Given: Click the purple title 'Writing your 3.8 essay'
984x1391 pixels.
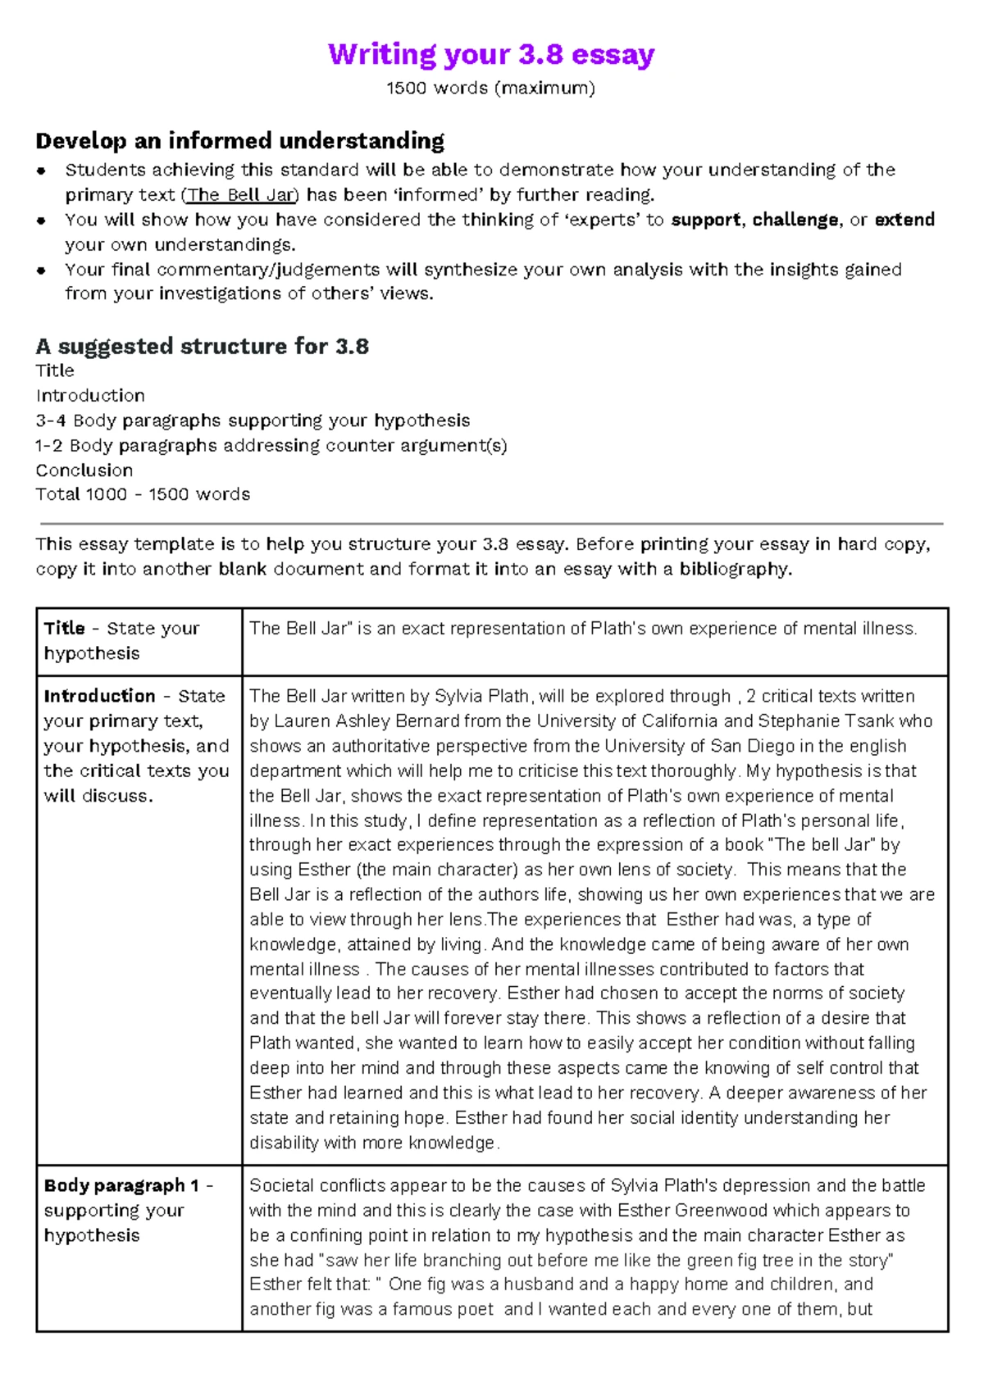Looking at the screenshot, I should click(491, 54).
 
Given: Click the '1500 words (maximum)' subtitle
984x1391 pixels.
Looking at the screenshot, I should click(490, 88).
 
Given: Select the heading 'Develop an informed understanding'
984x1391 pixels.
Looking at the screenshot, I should click(239, 141).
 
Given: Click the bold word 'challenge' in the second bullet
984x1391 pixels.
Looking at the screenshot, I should click(795, 220).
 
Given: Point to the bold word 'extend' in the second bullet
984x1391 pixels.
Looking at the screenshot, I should click(904, 220).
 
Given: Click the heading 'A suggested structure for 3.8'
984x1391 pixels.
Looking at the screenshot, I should click(202, 346).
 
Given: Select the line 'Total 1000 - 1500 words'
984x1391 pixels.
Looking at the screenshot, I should click(143, 494).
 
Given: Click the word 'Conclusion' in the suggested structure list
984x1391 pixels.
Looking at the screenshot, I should click(84, 470).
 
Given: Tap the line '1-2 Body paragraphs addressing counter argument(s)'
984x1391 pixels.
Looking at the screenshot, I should click(271, 446).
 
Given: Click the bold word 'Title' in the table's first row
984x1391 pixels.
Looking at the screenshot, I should click(64, 629).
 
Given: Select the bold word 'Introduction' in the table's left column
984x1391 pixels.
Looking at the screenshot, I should click(99, 696).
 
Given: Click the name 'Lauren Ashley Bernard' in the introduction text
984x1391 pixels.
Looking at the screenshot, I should click(366, 721).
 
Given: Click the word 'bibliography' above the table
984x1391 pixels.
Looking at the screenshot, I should click(733, 569).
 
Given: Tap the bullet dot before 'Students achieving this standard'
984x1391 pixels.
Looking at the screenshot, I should click(42, 170).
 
